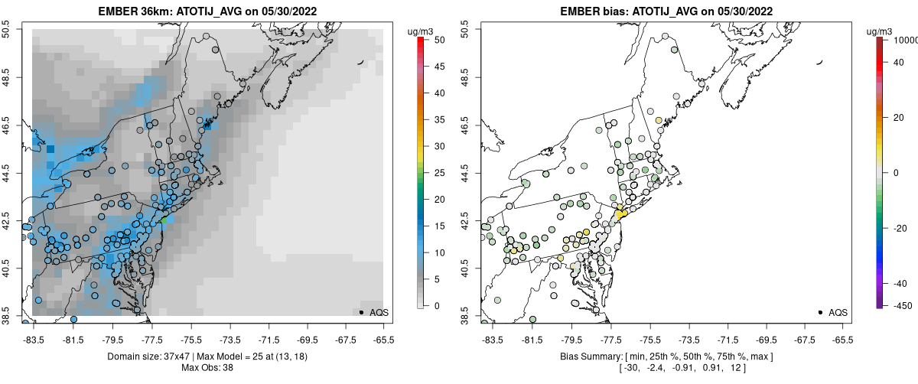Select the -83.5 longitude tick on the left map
[x=33, y=339]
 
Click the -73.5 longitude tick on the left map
[x=229, y=339]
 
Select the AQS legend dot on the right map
[x=820, y=312]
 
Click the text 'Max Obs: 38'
[x=208, y=368]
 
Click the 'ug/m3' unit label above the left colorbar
[x=422, y=31]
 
